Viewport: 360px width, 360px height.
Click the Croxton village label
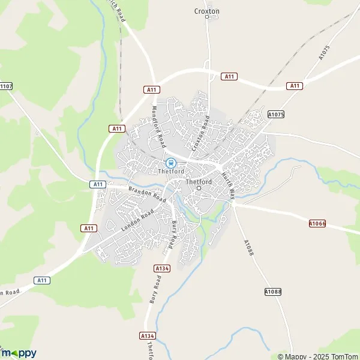tap(207, 11)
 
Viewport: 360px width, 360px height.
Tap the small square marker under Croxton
tap(207, 17)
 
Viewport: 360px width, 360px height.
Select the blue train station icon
tap(170, 162)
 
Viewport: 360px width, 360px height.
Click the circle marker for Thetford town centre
tap(199, 188)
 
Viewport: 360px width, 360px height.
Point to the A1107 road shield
tap(5, 86)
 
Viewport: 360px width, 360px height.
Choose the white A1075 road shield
tap(275, 114)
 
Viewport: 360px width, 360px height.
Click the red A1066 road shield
tap(317, 223)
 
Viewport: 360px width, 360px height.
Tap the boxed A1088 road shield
tap(272, 292)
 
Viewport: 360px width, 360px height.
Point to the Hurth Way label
tap(228, 184)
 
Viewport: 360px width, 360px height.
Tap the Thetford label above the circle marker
tap(199, 182)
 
